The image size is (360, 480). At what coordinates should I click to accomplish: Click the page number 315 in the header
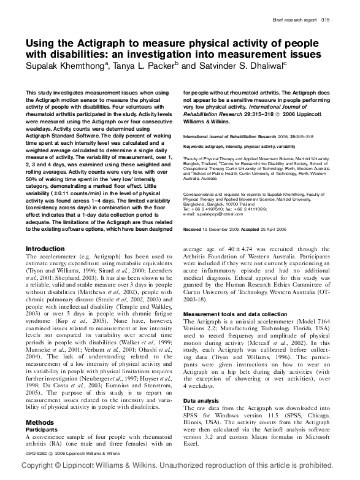[326, 20]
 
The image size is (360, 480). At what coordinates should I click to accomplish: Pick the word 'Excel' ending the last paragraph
[193, 442]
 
